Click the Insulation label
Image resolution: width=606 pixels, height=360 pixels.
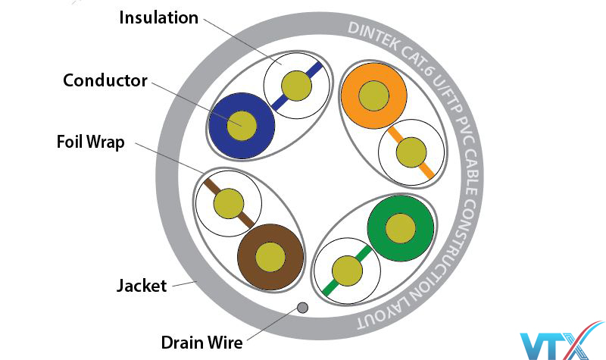click(159, 17)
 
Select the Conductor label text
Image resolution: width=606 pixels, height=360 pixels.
click(105, 80)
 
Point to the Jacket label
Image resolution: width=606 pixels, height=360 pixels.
click(142, 286)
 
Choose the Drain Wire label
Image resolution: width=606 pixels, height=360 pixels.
click(201, 343)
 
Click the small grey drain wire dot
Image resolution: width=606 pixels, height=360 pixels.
click(301, 308)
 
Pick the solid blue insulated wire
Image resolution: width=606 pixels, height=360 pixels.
click(241, 124)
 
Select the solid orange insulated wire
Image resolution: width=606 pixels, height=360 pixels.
click(373, 95)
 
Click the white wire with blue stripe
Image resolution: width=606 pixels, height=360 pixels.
click(296, 83)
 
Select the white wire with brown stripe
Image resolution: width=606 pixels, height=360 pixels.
click(229, 203)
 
